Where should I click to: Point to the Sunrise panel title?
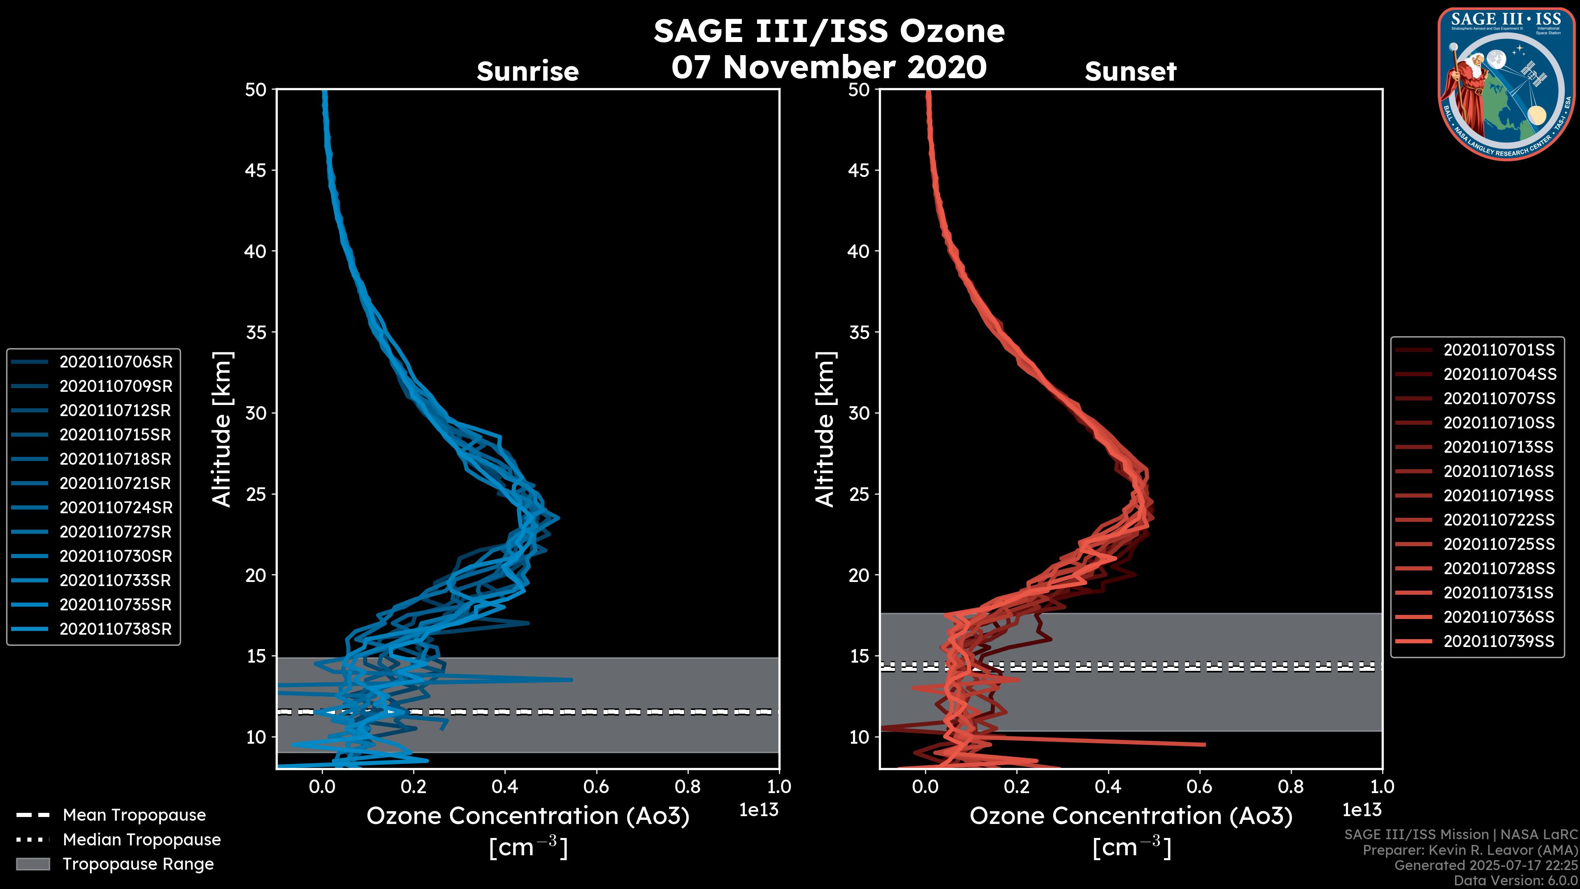[x=527, y=72]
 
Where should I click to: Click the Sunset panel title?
[x=1130, y=72]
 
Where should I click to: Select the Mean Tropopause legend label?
[x=134, y=815]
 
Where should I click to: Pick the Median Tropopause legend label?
[x=142, y=840]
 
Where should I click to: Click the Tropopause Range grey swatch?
[x=33, y=864]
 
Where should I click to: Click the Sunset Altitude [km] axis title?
[x=825, y=429]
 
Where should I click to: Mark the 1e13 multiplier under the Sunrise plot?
[x=759, y=810]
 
